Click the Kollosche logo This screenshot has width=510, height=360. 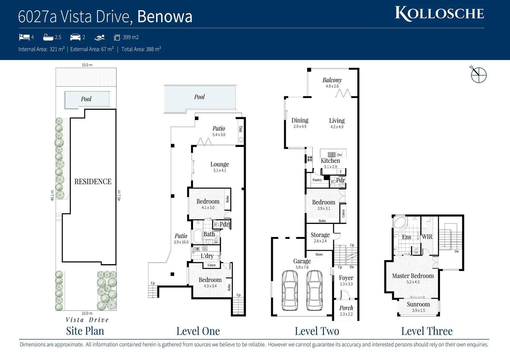(439, 14)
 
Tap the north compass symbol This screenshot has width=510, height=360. (478, 75)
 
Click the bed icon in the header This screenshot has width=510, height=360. (24, 37)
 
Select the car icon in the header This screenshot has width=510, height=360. (75, 37)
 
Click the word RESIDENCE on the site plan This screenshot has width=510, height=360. (93, 182)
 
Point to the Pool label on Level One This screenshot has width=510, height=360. (199, 97)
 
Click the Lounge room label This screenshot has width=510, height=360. (219, 164)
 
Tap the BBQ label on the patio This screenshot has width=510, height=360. (240, 129)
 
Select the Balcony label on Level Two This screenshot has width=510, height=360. (332, 80)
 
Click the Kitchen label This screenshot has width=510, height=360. (330, 161)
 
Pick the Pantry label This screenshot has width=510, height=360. (317, 180)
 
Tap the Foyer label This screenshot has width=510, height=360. (346, 278)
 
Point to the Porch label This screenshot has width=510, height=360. (346, 308)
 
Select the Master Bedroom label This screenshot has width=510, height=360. (413, 276)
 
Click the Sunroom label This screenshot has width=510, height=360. (418, 304)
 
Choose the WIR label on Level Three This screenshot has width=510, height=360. (427, 237)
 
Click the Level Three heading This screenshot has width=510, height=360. (427, 331)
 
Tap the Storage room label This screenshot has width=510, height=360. (320, 235)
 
